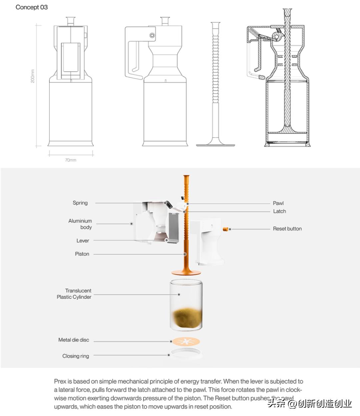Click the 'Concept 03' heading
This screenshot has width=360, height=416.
(32, 7)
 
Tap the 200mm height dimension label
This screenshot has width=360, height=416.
(32, 76)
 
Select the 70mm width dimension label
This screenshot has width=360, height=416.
(71, 160)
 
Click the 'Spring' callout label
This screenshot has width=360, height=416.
(80, 203)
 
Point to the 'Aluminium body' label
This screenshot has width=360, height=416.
(80, 224)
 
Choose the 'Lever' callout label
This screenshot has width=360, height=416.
(83, 241)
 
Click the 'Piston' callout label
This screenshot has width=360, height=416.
(82, 254)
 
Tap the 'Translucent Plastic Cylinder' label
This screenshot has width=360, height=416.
(74, 294)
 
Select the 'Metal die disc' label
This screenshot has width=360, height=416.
(74, 340)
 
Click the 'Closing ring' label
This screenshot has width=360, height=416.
(76, 356)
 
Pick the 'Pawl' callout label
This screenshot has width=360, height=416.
(278, 203)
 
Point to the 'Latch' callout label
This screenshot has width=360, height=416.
(280, 211)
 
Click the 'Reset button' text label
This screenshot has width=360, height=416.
(287, 229)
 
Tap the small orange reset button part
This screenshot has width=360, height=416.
(225, 229)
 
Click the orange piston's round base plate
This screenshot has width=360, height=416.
(186, 273)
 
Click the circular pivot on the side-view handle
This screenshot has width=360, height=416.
(152, 35)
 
